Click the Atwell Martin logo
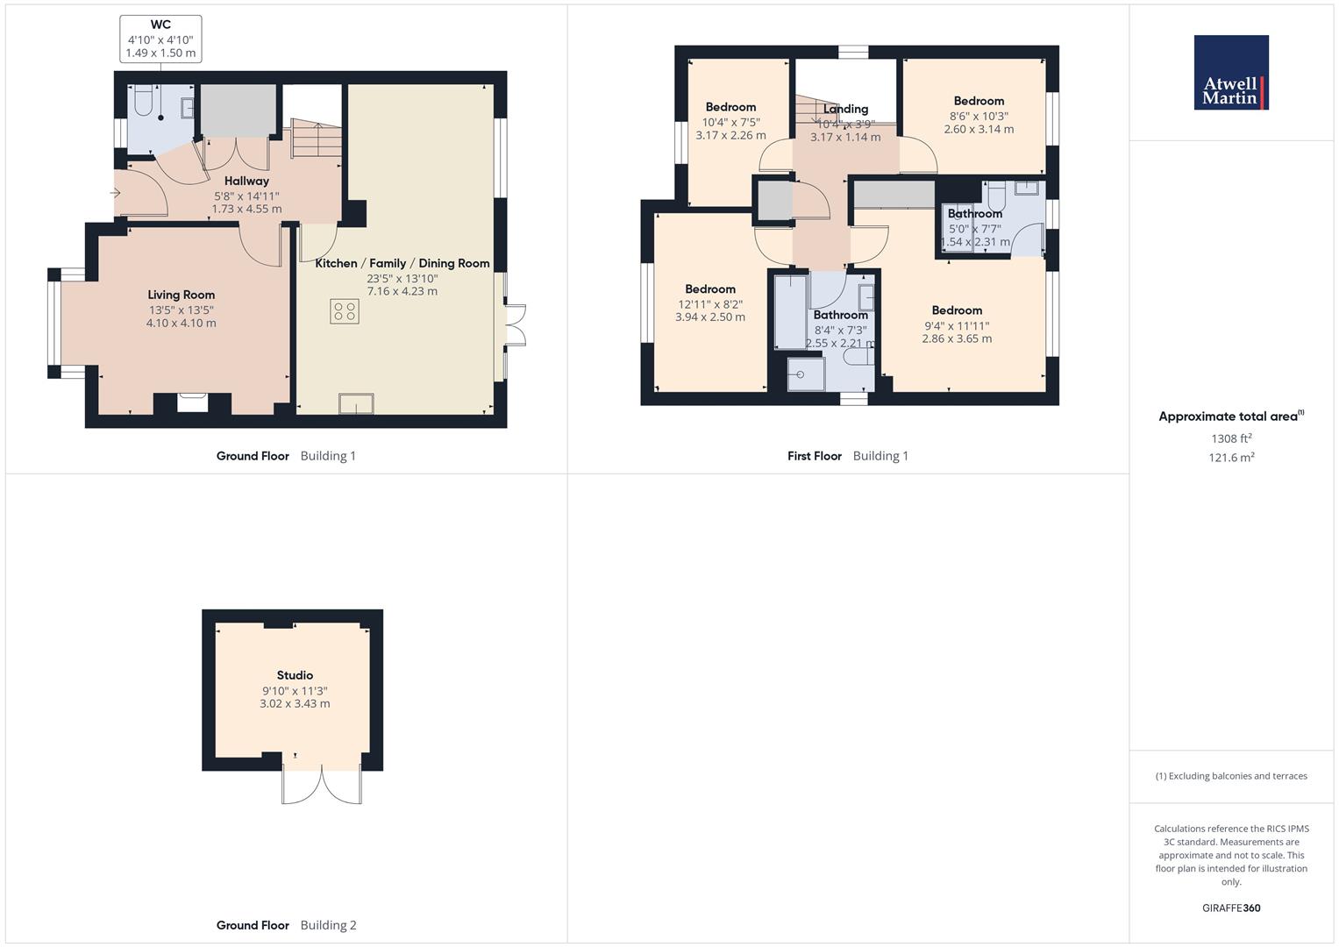pos(1231,73)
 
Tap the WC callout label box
pos(160,39)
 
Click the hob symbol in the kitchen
pos(345,311)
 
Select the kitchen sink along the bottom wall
pos(357,403)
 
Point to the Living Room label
pos(181,295)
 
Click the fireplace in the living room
pos(193,402)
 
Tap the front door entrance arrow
pos(115,193)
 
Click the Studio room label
pos(295,675)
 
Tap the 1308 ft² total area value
pos(1231,438)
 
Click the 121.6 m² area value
pos(1231,458)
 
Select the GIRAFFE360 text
pos(1231,908)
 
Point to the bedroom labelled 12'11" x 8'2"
pos(710,303)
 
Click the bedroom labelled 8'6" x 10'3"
pos(979,115)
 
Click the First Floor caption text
pos(814,456)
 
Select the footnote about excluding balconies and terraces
pos(1231,776)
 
